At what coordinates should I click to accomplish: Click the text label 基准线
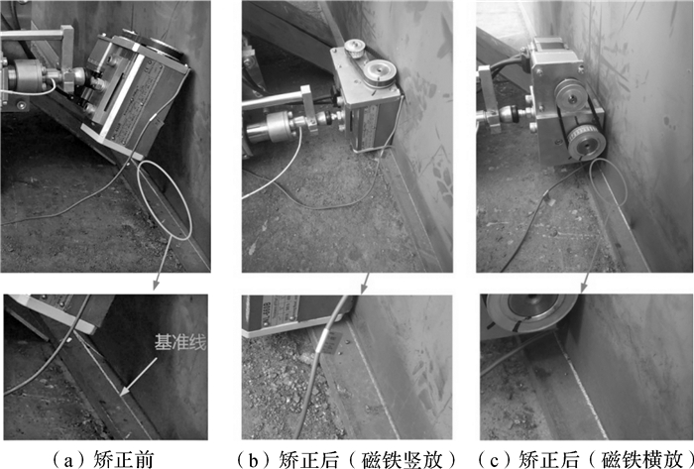tap(180, 342)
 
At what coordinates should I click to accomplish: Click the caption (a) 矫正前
tap(102, 459)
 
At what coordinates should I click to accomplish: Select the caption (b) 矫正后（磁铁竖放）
tap(347, 459)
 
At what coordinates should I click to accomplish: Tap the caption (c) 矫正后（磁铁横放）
tap(586, 459)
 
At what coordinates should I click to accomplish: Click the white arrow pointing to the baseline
tap(138, 377)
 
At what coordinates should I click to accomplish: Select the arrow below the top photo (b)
tap(364, 284)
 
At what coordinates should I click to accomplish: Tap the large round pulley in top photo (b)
tap(379, 71)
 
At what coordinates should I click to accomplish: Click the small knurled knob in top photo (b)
tap(355, 48)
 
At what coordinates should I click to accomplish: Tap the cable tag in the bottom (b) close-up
tap(332, 342)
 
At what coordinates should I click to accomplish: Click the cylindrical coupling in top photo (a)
tap(26, 74)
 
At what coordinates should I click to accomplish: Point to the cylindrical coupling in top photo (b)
tap(271, 126)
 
